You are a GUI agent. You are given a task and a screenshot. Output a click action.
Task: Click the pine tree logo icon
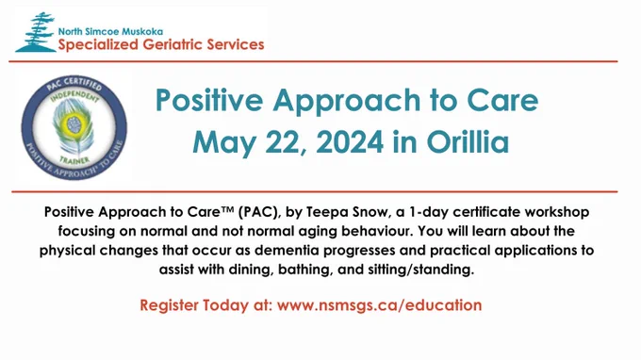[36, 33]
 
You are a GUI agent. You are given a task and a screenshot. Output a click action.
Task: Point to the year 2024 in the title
[350, 141]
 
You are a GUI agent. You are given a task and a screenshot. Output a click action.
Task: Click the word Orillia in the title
[468, 141]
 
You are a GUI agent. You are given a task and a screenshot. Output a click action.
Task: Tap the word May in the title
[224, 143]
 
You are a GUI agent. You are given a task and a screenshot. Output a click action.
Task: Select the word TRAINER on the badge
[74, 160]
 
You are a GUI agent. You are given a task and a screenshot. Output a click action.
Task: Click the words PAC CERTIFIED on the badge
[74, 83]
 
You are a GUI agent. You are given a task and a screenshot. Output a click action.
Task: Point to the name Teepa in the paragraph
[325, 212]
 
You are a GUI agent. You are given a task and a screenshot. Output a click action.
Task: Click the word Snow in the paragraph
[369, 212]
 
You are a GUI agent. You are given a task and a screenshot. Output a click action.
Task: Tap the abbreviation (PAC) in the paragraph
[259, 212]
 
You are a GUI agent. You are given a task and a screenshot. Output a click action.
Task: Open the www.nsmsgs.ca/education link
[379, 305]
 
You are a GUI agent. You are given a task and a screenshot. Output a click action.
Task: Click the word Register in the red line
[169, 305]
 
